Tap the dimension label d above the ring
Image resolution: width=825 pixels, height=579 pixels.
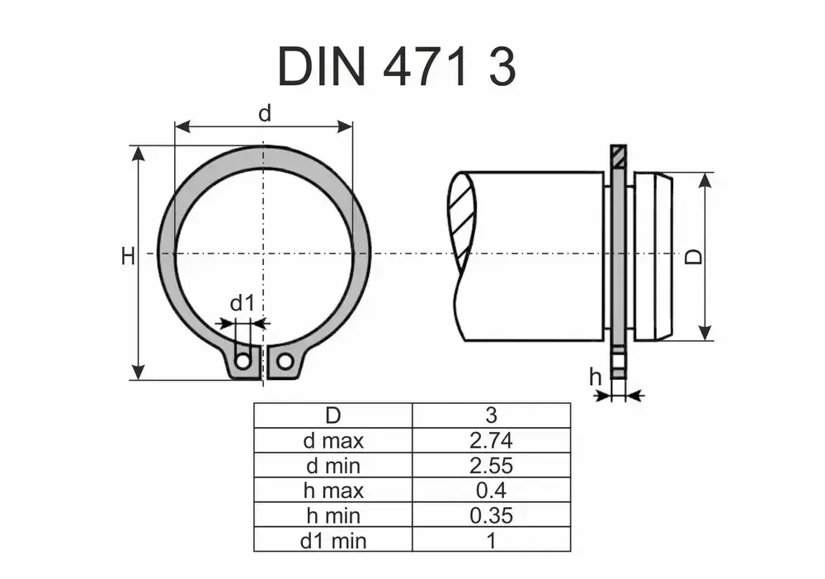pos(264,114)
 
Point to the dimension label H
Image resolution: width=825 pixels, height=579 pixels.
pos(127,257)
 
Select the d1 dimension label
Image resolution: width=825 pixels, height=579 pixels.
pos(242,304)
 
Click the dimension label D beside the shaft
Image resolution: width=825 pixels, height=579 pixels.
pos(695,257)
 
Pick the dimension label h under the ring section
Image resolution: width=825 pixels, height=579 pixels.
pos(595,377)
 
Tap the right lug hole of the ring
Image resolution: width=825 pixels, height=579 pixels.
pos(285,361)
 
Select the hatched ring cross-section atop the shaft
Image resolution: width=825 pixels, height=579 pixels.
pos(618,156)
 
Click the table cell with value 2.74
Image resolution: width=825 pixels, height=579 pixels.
pos(491,440)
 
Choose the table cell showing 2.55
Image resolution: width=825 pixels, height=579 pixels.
pos(491,465)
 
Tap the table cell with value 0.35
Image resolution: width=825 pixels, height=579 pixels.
pos(491,515)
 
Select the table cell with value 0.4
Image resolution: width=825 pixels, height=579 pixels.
pos(491,491)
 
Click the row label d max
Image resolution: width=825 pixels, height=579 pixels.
pos(332,440)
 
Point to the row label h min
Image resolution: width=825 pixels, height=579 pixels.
pos(332,515)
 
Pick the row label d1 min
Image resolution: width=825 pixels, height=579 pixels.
pos(332,541)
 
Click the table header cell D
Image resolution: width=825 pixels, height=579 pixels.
pos(332,415)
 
